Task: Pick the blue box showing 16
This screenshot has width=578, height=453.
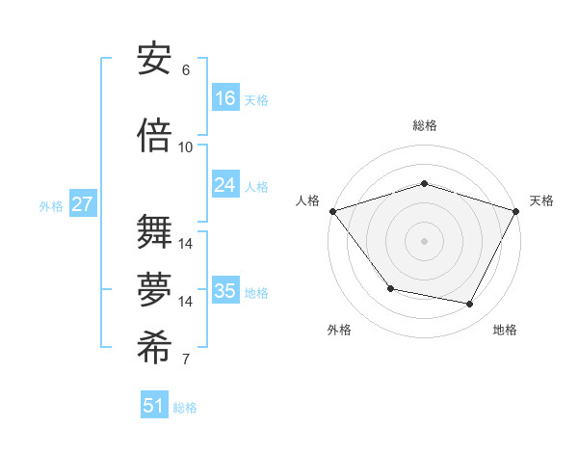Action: [x=225, y=97]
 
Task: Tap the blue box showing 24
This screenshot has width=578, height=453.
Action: [x=225, y=185]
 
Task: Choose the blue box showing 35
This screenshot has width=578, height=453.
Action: [x=225, y=291]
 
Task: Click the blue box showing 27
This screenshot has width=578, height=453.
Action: [x=82, y=204]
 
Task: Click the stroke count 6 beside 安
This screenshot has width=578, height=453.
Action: [x=185, y=70]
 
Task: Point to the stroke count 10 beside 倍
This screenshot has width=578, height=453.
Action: [x=185, y=147]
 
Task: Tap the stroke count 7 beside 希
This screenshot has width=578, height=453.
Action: [x=185, y=360]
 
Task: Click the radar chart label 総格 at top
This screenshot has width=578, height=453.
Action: [x=425, y=125]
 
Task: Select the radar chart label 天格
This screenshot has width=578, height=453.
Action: [x=541, y=200]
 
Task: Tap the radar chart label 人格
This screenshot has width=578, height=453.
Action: [x=307, y=200]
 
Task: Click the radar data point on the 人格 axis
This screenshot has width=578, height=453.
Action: [x=332, y=211]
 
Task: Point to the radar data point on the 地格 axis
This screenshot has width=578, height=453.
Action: [x=470, y=305]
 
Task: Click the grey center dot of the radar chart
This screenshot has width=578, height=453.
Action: [x=424, y=240]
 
